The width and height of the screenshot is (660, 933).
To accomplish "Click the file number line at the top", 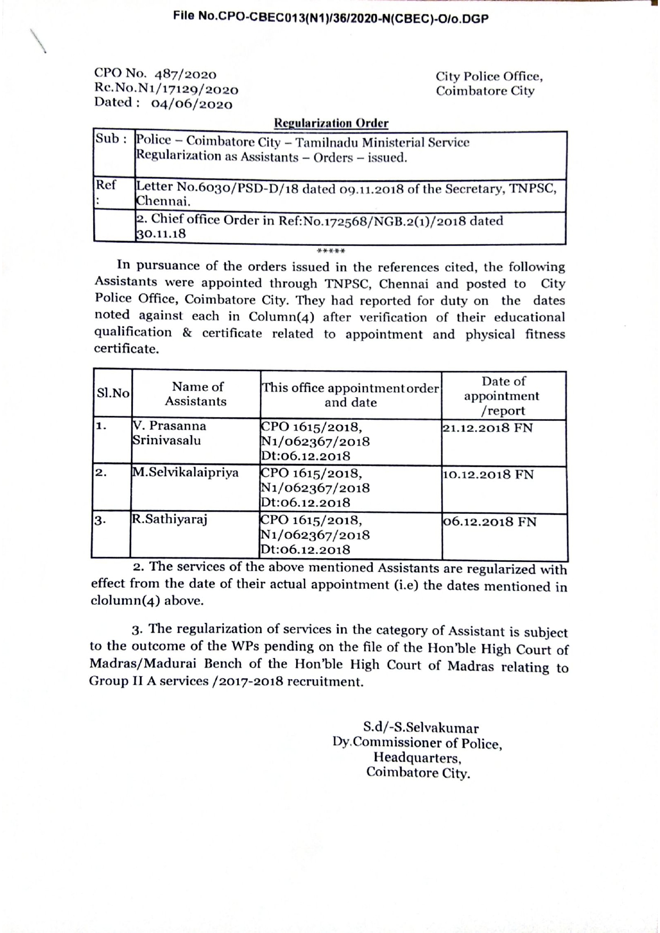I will point(330,18).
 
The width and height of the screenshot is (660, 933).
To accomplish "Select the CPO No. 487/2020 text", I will point(155,74).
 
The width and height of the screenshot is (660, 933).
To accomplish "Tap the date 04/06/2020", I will point(192,104).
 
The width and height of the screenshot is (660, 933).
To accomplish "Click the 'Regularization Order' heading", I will point(331,123).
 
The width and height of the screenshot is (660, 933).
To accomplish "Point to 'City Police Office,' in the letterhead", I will point(489,77).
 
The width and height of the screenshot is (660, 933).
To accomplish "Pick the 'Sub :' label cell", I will point(111,139).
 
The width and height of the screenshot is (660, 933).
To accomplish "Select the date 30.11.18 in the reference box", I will point(161,234).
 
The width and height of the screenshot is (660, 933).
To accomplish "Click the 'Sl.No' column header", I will point(113,394).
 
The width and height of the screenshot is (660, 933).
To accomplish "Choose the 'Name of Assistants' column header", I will point(196,394).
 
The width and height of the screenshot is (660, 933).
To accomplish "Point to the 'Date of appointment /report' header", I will point(502,396).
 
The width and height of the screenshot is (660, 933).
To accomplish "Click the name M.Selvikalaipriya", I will point(186,472).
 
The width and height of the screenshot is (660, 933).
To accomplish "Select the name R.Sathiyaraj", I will point(170,519).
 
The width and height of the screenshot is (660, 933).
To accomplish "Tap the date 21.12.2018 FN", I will point(488,428).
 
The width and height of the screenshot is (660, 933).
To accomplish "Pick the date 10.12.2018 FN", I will point(488,474).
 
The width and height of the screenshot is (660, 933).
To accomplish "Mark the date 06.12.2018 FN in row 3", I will point(490,522).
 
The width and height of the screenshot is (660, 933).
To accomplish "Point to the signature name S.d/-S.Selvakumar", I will point(421,727).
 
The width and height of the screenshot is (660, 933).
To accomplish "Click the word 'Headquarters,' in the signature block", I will point(417,757).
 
